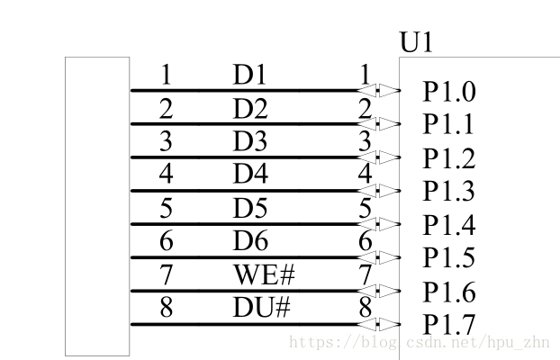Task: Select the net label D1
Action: [x=249, y=76]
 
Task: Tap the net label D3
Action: [x=249, y=142]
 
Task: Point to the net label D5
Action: [x=249, y=209]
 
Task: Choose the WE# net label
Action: [x=263, y=274]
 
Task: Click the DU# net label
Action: [x=262, y=308]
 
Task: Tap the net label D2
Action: [x=249, y=109]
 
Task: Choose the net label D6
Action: [x=249, y=241]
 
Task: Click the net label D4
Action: [x=249, y=175]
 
